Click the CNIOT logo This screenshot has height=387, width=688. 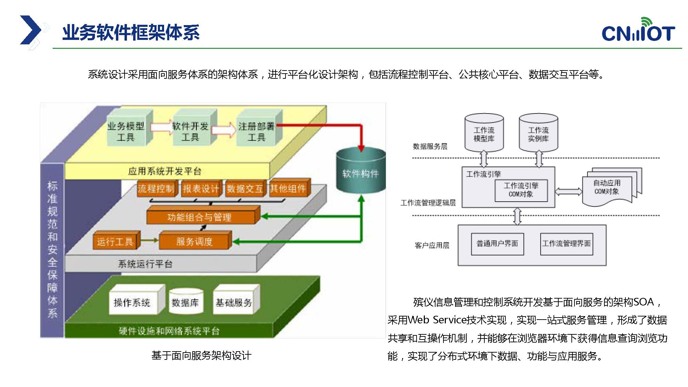coord(638,30)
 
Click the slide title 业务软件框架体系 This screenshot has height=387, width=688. coord(131,33)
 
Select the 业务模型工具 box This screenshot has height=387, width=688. coord(129,128)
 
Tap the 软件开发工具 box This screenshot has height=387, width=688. coord(194,128)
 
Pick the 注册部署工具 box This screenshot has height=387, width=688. coord(259,128)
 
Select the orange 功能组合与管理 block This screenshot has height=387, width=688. coord(203,215)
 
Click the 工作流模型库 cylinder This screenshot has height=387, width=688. coord(484,133)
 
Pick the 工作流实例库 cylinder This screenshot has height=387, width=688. coord(538,133)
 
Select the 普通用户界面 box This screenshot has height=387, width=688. coord(497,244)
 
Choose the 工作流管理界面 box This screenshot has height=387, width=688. coord(567,244)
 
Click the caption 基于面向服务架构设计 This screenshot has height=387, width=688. coord(202,355)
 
